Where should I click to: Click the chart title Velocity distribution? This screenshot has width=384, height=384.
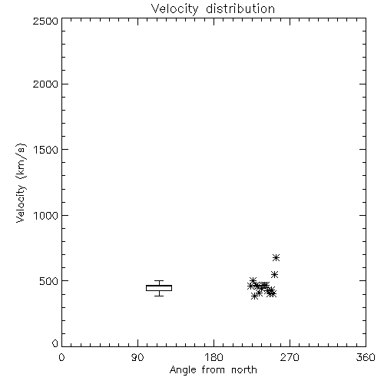click(x=213, y=8)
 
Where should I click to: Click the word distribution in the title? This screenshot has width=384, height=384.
click(x=240, y=8)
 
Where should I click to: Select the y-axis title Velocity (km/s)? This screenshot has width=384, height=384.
click(x=21, y=184)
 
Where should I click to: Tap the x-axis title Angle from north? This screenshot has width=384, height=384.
click(x=213, y=369)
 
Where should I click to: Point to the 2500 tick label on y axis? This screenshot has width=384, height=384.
click(x=45, y=21)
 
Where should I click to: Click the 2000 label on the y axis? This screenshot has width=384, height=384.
click(x=45, y=84)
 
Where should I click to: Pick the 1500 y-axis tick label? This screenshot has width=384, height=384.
click(x=46, y=150)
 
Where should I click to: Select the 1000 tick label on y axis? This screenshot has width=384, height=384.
click(x=46, y=215)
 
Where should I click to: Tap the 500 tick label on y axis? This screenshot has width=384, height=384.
click(x=49, y=281)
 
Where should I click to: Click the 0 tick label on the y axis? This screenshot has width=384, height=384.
click(x=55, y=343)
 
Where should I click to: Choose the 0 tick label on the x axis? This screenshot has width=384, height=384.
click(x=61, y=357)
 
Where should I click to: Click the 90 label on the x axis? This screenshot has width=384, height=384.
click(x=137, y=357)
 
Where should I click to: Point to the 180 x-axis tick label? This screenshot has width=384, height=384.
click(x=214, y=357)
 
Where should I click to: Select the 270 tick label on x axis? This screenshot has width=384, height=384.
click(x=290, y=357)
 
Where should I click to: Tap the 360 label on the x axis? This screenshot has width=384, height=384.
click(x=366, y=357)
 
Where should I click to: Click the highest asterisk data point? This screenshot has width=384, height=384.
click(x=276, y=257)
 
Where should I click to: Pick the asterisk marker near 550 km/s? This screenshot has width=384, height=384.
click(x=274, y=275)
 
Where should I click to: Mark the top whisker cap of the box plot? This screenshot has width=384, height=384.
click(x=159, y=281)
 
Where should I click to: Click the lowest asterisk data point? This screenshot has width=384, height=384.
click(x=254, y=296)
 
